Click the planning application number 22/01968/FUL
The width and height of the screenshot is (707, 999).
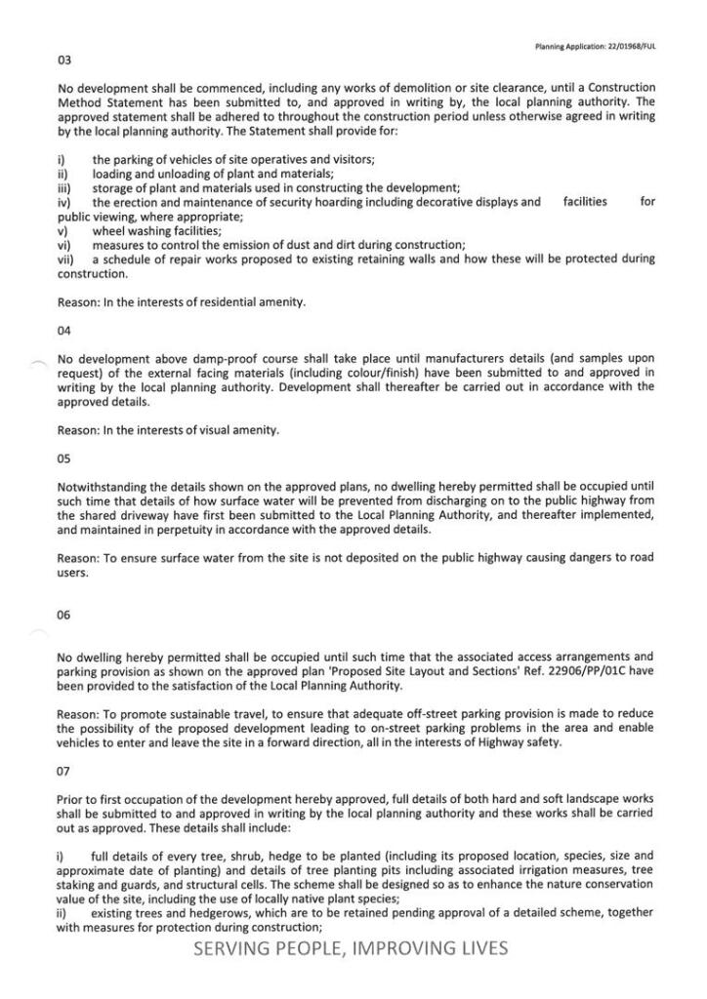[x=626, y=46]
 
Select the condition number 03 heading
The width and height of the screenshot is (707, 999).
[x=64, y=60]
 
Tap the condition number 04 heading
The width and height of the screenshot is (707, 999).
[x=64, y=331]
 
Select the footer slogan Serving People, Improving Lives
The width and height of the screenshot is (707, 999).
[x=351, y=948]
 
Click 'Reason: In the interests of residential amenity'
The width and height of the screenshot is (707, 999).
[x=182, y=302]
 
